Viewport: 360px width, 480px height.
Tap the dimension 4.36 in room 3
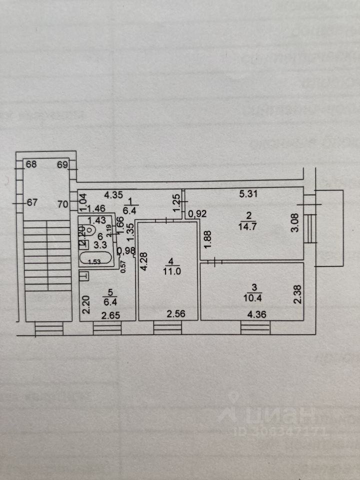pyautogui.click(x=255, y=314)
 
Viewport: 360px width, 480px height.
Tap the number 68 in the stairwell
pyautogui.click(x=31, y=164)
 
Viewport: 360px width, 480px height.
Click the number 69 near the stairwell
pyautogui.click(x=62, y=164)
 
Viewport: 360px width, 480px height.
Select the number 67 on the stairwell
pyautogui.click(x=32, y=203)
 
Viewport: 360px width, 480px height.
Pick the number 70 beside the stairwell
pyautogui.click(x=63, y=203)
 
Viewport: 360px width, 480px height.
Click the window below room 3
pyautogui.click(x=255, y=327)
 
